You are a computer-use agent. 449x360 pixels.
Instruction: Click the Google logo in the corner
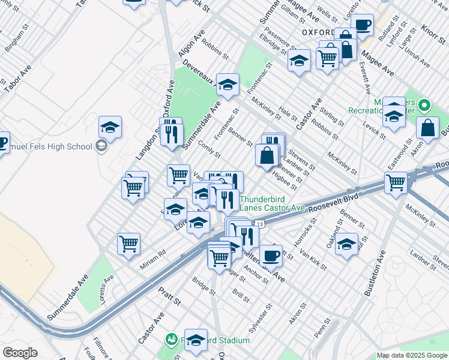(20, 353)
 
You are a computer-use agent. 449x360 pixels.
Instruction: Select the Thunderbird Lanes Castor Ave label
(273, 202)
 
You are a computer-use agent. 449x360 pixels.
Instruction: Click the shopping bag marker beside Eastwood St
(427, 128)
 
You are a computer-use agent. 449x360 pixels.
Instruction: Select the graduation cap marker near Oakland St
(347, 244)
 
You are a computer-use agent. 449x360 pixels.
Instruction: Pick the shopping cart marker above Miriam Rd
(128, 244)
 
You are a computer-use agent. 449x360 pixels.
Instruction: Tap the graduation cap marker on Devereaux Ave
(228, 85)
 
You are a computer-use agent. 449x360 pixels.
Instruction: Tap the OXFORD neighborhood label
(318, 32)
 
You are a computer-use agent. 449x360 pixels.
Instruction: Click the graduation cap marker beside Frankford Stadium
(196, 339)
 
